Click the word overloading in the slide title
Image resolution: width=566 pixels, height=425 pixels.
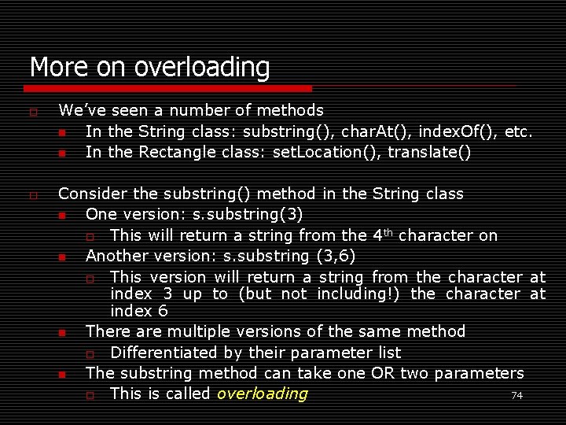click(x=202, y=68)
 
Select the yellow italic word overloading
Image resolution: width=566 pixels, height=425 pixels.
click(x=263, y=394)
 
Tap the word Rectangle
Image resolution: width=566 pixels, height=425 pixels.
click(x=173, y=151)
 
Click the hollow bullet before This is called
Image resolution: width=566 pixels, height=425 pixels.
click(x=90, y=394)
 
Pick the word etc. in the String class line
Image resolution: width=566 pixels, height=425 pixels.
click(x=519, y=131)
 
